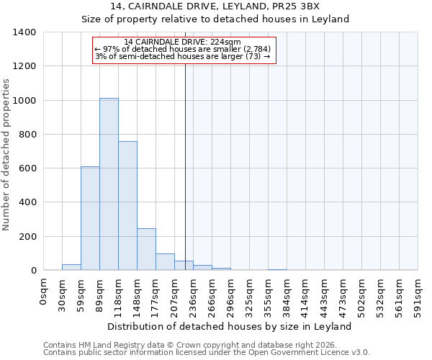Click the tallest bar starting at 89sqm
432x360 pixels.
coord(109,184)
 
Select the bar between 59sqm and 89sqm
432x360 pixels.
coord(90,218)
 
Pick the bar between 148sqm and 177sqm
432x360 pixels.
coord(146,249)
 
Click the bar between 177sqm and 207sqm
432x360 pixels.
coord(165,262)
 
